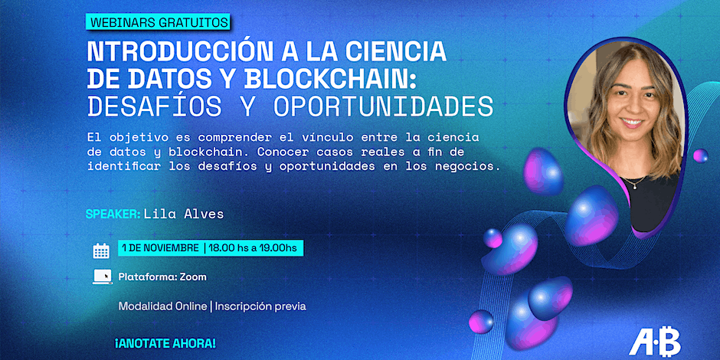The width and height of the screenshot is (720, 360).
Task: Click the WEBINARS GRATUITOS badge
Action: pos(158,21)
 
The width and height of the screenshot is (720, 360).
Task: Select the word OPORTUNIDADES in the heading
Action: pos(383,106)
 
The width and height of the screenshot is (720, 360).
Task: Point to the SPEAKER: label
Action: pos(113,214)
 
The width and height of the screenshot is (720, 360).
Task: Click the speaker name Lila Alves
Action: pos(184,214)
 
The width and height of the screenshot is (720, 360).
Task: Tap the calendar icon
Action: pos(101,250)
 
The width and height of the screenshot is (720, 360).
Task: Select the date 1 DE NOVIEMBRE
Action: pos(160,248)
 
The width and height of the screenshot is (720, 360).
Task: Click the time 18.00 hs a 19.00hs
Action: pos(253,248)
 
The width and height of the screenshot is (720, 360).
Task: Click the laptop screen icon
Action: pos(102,277)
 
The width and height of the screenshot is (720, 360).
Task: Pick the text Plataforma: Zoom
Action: pos(162,277)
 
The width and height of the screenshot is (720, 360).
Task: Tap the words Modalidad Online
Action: pos(162,306)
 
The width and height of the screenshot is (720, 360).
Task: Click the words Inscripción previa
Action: pos(260,306)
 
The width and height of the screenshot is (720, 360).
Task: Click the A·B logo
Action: pos(655,342)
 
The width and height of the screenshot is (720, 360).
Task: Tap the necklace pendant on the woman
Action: pos(633,185)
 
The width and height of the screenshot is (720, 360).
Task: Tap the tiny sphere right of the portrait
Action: pos(700,155)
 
